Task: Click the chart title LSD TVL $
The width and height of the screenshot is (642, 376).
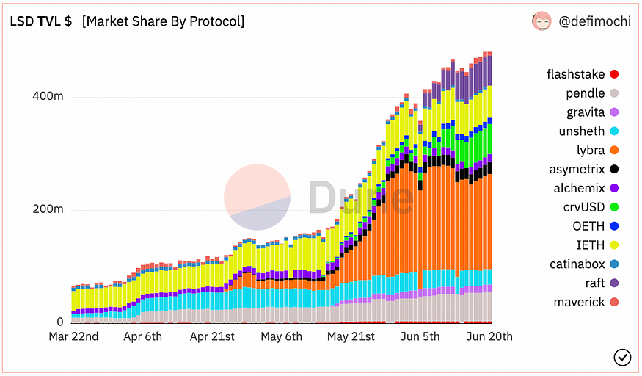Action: pos(40,21)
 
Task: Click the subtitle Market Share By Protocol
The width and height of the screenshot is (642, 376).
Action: pos(163,21)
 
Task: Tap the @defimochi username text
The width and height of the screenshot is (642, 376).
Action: pos(594,21)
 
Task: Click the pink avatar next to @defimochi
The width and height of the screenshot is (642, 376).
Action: pos(541,21)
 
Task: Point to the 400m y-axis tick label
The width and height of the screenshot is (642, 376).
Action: pos(48,96)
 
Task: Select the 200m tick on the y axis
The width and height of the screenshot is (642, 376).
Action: pos(48,209)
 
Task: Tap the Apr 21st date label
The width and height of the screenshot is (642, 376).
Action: pos(213,336)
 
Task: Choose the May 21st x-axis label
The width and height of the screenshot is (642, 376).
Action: pos(351,336)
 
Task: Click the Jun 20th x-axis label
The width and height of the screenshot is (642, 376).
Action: pos(489,336)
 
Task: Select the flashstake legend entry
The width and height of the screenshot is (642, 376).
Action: pos(576,74)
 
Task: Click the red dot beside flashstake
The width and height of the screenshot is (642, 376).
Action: pos(614,74)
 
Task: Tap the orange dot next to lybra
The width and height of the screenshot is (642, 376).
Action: pos(614,151)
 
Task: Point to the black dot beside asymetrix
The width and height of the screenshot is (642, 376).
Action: pos(614,170)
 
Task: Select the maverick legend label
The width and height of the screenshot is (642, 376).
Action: pos(580,303)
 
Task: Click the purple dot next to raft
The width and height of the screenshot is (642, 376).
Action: pos(614,283)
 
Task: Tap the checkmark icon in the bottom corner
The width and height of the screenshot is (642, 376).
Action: pos(621,357)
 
